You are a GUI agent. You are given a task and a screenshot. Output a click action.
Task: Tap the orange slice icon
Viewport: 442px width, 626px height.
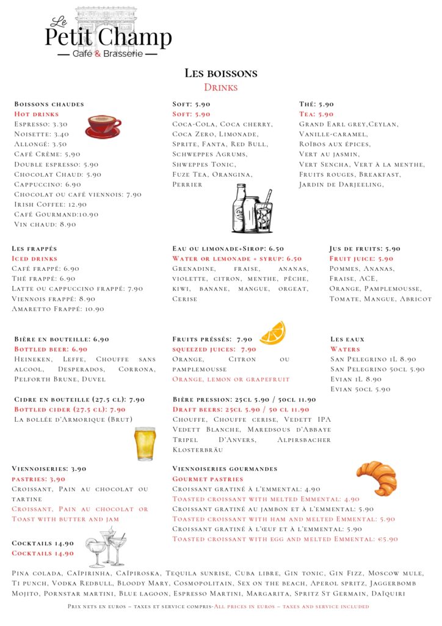pos(272,333)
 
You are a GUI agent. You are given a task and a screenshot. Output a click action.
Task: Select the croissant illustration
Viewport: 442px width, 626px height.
pos(377,477)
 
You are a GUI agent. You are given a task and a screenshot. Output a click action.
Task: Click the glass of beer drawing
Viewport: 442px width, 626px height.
pos(145,443)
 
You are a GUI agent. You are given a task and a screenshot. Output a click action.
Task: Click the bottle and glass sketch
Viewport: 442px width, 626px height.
pos(252,209)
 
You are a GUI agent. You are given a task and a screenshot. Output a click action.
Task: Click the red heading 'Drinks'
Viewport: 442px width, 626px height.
pos(220,87)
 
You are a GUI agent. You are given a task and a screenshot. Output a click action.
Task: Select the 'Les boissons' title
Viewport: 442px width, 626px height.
pos(221,73)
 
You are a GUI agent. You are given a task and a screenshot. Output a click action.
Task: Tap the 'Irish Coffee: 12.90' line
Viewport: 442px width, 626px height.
pos(51,204)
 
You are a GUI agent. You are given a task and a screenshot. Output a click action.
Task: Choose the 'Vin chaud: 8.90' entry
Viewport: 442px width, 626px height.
pos(45,224)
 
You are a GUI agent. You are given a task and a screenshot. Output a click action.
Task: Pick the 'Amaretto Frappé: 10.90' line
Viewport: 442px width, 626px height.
pos(58,309)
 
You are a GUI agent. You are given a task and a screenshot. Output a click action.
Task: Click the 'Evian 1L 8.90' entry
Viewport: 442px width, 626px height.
pos(356,379)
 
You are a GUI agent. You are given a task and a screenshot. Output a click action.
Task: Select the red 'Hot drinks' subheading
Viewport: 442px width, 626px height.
pos(37,114)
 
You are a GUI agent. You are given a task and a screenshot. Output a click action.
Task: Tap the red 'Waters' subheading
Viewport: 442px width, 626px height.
pos(346,349)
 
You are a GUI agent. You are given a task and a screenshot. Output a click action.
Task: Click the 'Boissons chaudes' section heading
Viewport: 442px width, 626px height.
pos(49,104)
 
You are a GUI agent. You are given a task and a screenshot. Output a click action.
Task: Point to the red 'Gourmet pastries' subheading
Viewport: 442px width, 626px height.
pos(208,479)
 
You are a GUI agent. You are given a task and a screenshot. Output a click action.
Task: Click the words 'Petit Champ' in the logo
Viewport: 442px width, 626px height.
pos(108,37)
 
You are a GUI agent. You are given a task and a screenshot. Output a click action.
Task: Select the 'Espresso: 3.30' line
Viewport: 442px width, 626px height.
pos(41,124)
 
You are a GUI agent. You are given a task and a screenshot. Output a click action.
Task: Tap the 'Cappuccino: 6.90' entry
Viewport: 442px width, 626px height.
pos(48,184)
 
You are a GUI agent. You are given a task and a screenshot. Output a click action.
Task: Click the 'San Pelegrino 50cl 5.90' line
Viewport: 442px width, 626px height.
pos(377,369)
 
